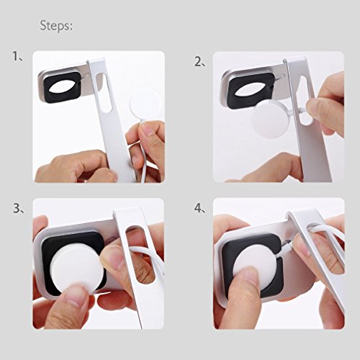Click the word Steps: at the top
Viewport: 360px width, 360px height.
[56, 26]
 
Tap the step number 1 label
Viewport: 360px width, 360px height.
[17, 57]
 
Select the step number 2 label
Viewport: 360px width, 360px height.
[199, 62]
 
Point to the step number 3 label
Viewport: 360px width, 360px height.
[19, 208]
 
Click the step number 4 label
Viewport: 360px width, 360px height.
[200, 208]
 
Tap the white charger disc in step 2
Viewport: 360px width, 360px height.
[269, 120]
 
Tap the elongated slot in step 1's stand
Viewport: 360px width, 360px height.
[104, 92]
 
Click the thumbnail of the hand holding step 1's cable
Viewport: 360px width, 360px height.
[147, 130]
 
